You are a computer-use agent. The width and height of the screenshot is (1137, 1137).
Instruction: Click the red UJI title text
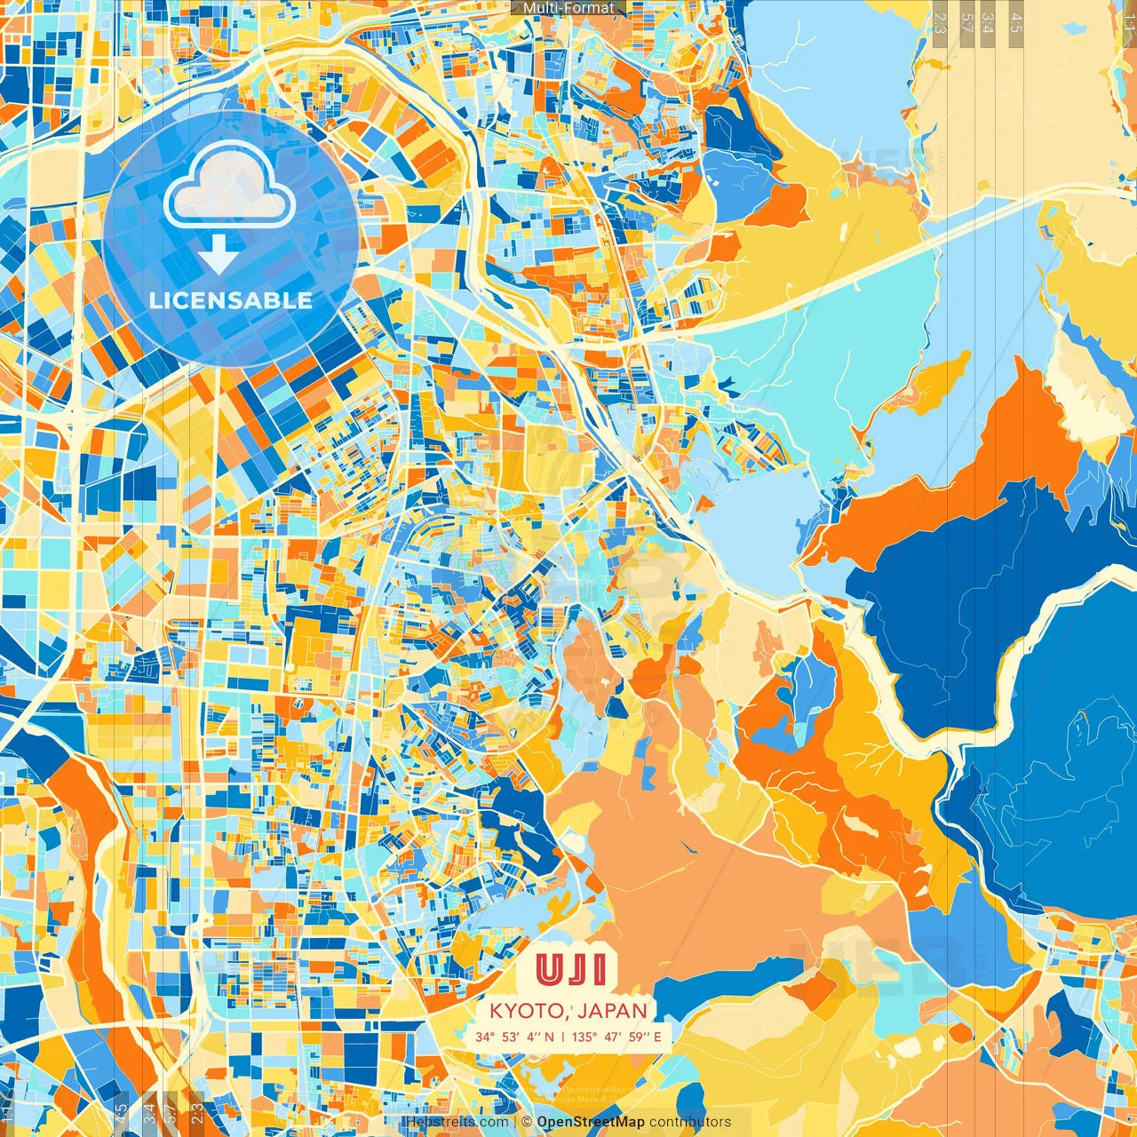pos(571,970)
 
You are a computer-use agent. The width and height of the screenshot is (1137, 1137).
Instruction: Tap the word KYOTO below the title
pos(525,1011)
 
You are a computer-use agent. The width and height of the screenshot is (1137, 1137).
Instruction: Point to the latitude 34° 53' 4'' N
pos(514,1037)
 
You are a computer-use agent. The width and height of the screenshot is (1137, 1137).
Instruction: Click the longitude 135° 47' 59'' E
pos(616,1037)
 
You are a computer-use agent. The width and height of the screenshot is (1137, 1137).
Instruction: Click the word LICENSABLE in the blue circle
pos(231,300)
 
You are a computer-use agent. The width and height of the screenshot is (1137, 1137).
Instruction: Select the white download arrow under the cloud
pos(219,256)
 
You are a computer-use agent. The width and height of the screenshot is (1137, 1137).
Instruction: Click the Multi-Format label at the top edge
pos(568,8)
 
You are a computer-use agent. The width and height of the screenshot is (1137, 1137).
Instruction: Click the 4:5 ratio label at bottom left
pos(121,1113)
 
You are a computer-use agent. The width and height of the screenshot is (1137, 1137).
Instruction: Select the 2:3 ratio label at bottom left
pos(197,1113)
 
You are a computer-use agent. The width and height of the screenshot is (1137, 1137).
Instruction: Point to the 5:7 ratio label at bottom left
pos(171,1113)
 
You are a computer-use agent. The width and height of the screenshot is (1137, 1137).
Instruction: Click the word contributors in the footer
pos(690,1122)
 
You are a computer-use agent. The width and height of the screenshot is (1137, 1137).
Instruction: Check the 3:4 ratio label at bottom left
pos(148,1113)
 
